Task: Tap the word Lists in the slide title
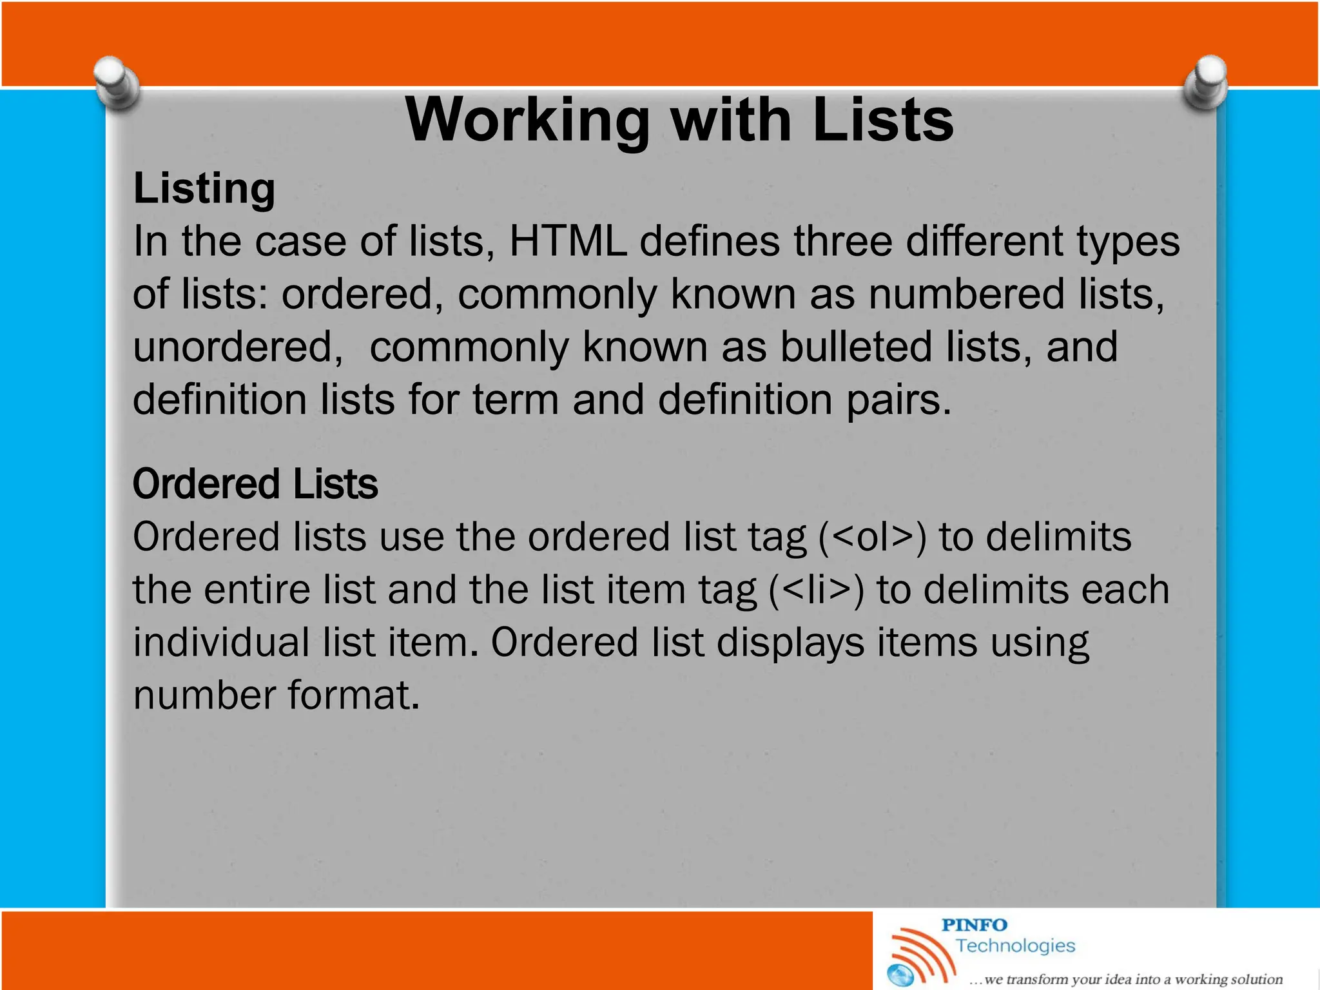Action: [x=882, y=120]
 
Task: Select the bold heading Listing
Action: [x=204, y=189]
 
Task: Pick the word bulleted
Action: [x=857, y=347]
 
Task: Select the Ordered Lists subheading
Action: [x=255, y=485]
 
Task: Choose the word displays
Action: [x=790, y=643]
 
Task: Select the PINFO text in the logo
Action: [x=974, y=925]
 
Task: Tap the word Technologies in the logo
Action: [x=1015, y=946]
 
